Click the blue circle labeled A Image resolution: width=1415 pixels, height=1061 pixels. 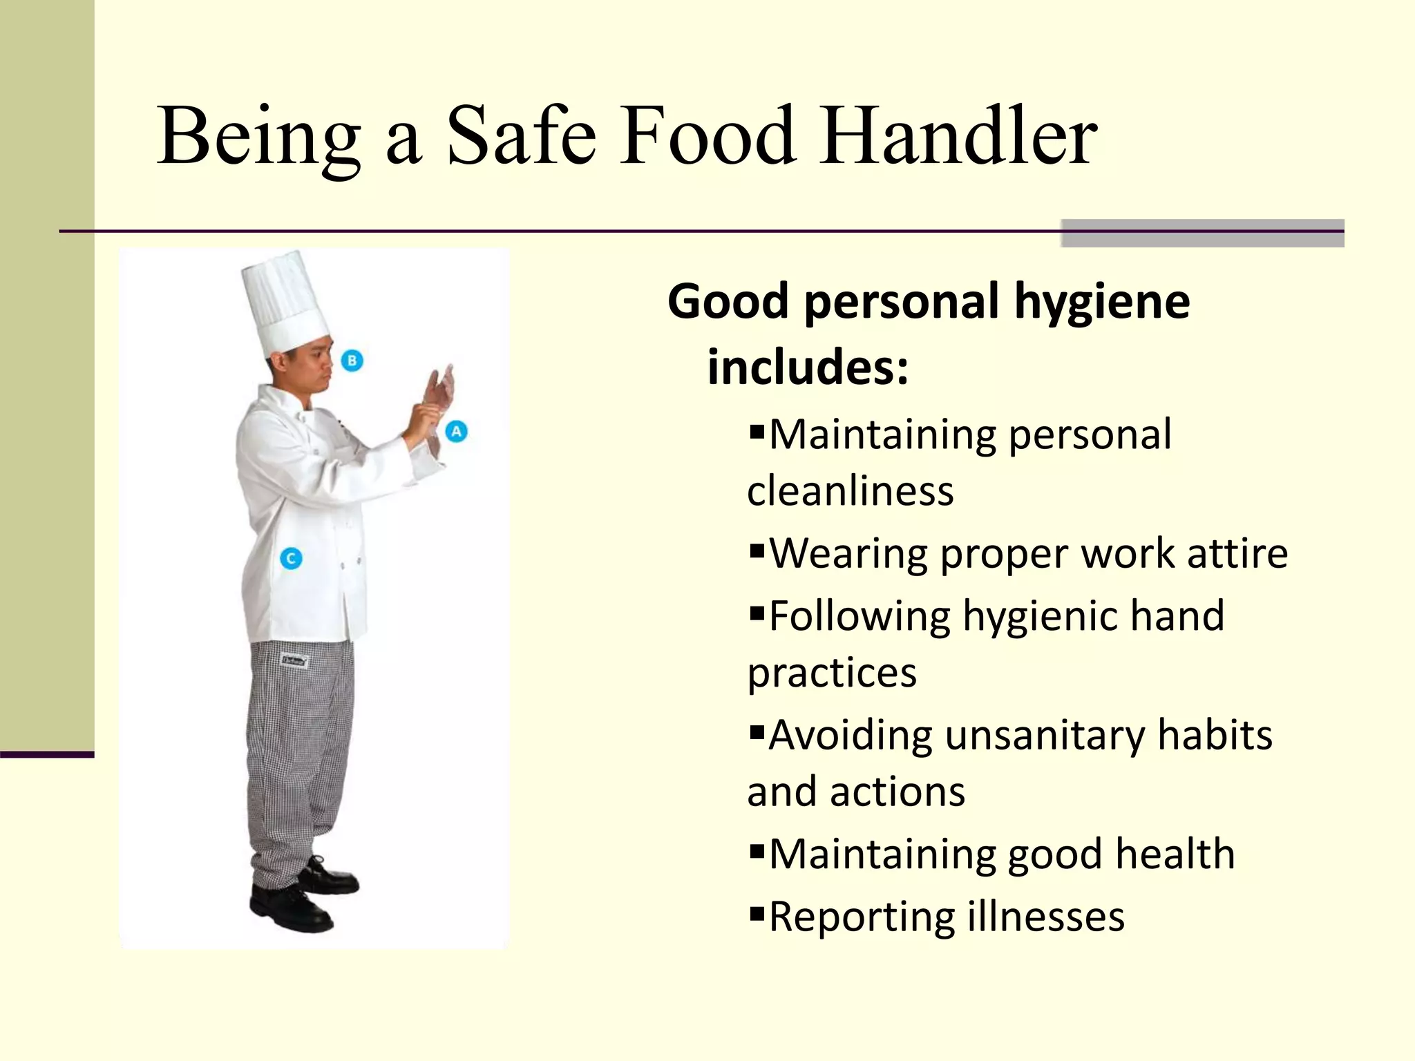(x=456, y=432)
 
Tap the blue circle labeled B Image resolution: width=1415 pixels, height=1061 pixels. (x=352, y=360)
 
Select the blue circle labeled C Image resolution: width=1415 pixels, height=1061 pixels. (x=291, y=558)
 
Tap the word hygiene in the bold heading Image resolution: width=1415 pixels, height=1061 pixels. (x=1102, y=303)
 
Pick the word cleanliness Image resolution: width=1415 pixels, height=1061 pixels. (x=850, y=491)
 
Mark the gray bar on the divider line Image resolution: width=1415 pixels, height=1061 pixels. (x=1202, y=233)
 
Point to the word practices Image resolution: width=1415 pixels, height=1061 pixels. (x=832, y=673)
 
